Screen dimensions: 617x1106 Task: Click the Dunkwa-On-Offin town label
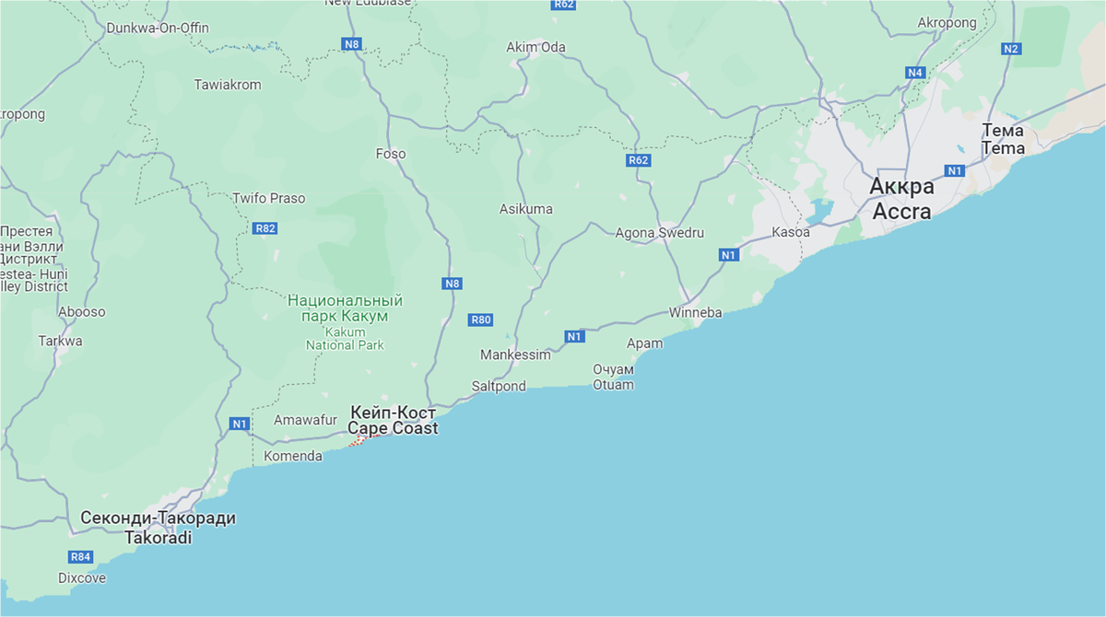coord(158,28)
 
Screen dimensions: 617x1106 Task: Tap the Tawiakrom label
coord(228,85)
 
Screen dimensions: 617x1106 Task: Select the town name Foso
coord(391,154)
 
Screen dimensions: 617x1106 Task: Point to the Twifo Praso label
coord(268,198)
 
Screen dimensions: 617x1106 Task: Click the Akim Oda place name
coord(535,47)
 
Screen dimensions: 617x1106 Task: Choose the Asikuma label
coord(526,209)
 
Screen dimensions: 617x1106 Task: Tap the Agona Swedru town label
coord(660,233)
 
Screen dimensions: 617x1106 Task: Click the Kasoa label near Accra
coord(791,232)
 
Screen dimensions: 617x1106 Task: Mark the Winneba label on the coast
coord(696,313)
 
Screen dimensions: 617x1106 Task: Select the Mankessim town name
coord(515,355)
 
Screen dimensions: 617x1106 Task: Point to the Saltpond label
coord(499,386)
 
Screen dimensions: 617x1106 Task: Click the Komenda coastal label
coord(293,456)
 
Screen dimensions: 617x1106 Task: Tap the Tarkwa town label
coord(60,341)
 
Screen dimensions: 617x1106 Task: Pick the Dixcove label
coord(82,578)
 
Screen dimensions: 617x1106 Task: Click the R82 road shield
coord(265,228)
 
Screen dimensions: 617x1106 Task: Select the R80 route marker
coord(481,320)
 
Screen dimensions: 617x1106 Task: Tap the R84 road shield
coord(81,557)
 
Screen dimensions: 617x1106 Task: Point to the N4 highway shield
coord(914,72)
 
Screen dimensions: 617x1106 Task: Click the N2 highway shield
coord(1011,49)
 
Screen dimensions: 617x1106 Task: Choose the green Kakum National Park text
coord(345,308)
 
